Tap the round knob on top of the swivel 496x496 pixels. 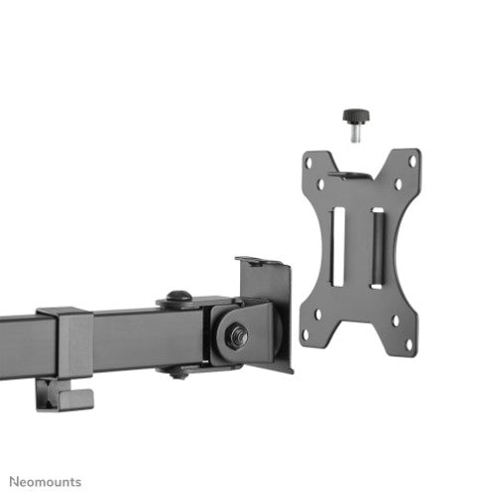tap(179, 295)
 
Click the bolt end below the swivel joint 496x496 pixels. tap(179, 372)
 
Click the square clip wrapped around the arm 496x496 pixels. tap(68, 342)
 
